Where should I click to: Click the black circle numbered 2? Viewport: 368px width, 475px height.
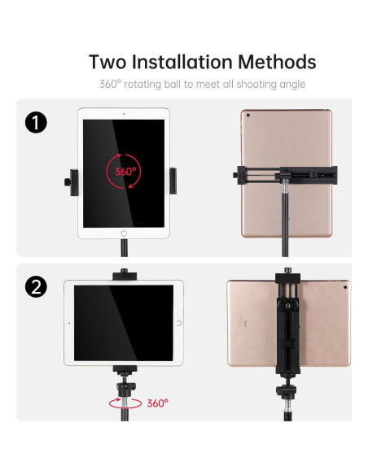point(36,286)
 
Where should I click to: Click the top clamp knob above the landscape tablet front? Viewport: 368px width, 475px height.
point(124,272)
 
